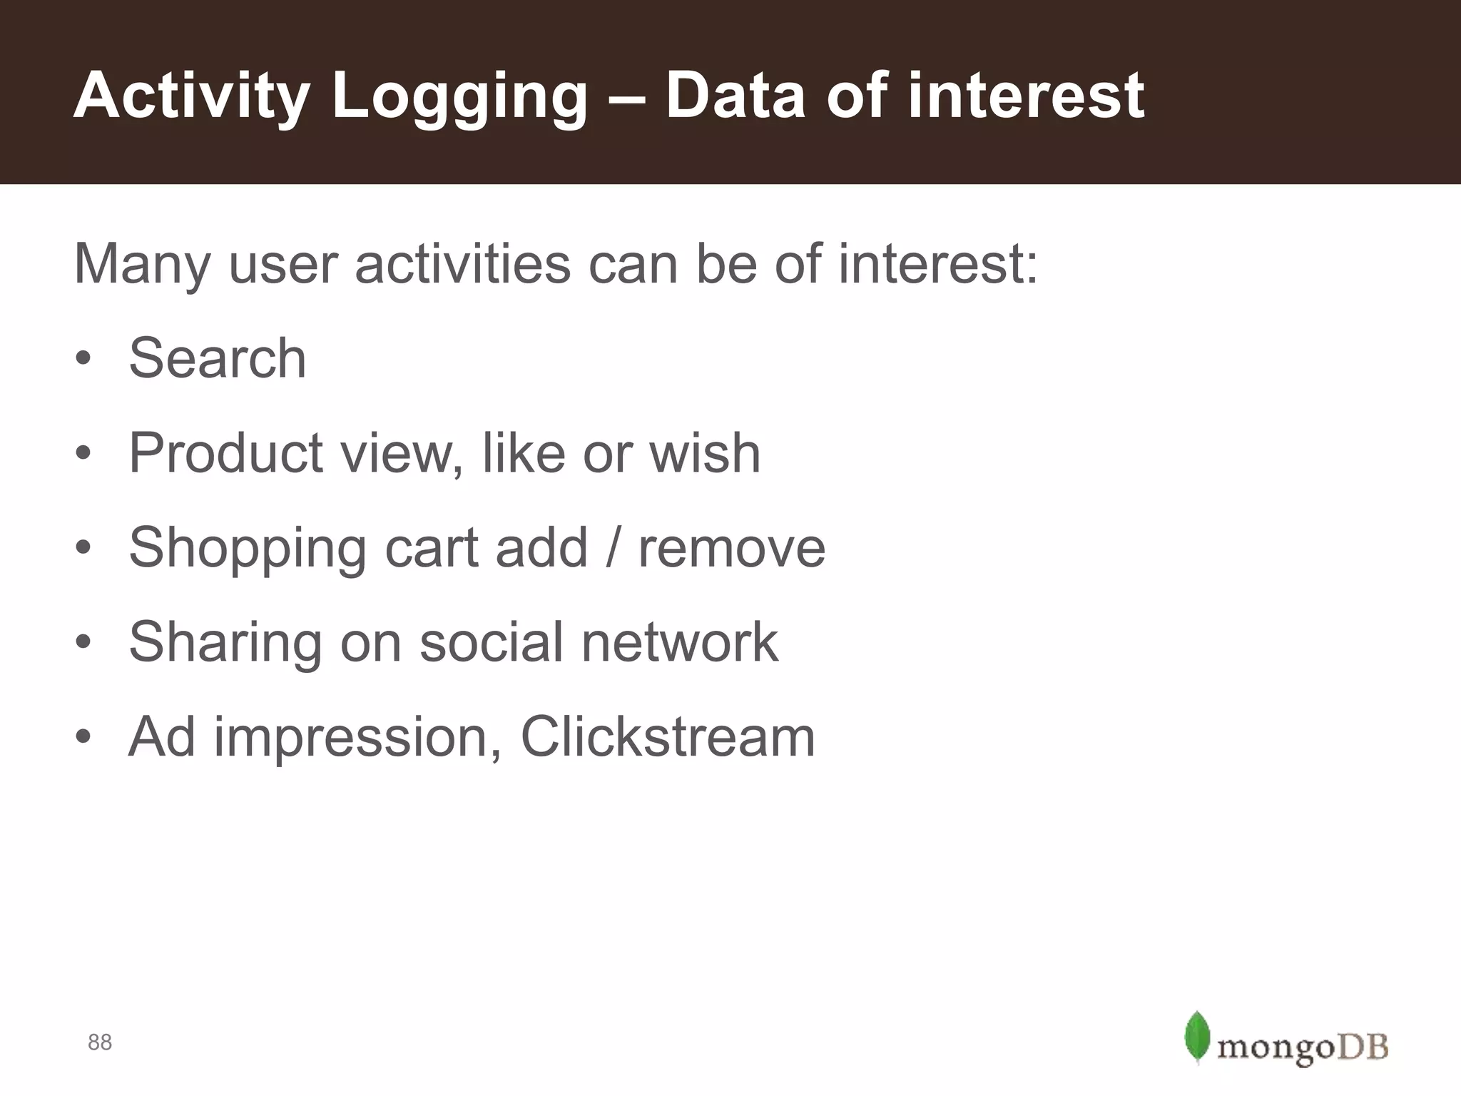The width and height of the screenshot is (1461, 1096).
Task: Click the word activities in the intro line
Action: [462, 264]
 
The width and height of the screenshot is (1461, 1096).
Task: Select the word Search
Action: [217, 358]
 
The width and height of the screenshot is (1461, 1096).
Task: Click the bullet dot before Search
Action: [83, 358]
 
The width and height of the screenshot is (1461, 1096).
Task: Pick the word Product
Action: [226, 453]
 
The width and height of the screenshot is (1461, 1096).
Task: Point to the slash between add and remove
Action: [612, 548]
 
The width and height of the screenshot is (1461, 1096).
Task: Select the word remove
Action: [731, 548]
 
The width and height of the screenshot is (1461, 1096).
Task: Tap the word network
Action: [679, 642]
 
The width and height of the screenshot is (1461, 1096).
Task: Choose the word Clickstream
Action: [668, 737]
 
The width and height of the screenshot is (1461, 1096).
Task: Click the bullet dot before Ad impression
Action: [83, 737]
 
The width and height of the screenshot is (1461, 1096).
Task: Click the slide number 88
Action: [100, 1042]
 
